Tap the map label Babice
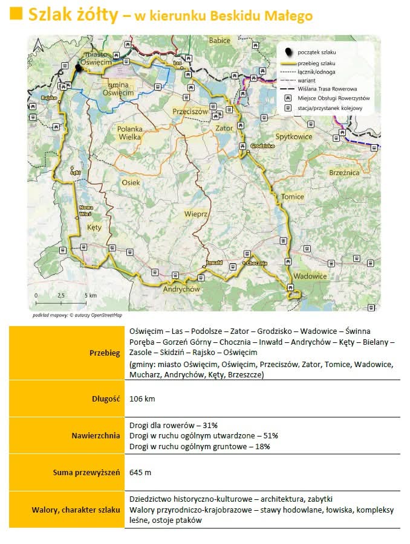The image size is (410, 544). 220,40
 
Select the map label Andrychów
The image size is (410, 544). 181,289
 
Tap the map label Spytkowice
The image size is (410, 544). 293,136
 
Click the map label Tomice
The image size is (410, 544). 292,197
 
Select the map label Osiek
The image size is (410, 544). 131,182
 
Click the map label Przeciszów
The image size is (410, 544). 190,112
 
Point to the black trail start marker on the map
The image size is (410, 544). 78,68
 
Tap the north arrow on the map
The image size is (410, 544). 37,45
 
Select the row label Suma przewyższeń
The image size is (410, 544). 87,472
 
